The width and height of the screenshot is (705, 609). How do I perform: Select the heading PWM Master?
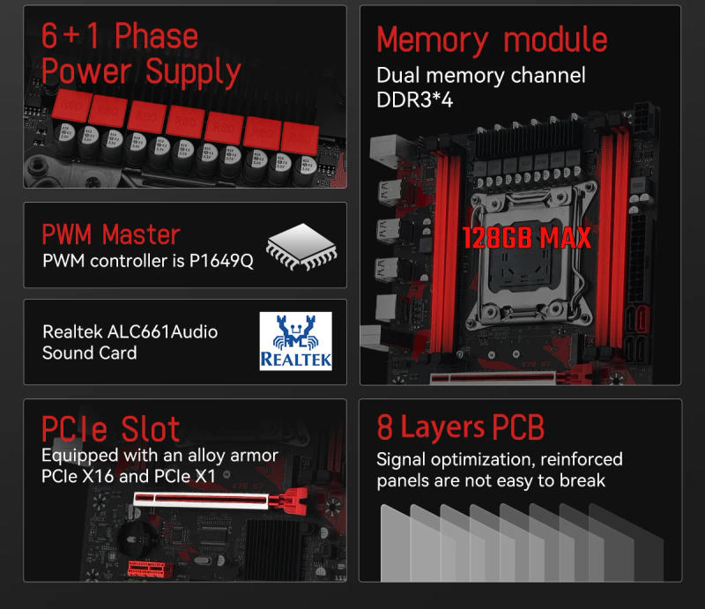click(111, 234)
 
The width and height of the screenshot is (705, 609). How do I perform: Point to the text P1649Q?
click(221, 262)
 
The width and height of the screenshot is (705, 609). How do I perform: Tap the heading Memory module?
click(492, 40)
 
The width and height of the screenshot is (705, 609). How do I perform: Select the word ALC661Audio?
click(162, 331)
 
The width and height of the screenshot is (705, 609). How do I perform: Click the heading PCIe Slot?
click(111, 428)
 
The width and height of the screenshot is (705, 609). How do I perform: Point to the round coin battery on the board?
click(139, 531)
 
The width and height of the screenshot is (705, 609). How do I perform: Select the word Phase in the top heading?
click(156, 36)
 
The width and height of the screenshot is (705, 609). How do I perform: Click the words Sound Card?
click(89, 353)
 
